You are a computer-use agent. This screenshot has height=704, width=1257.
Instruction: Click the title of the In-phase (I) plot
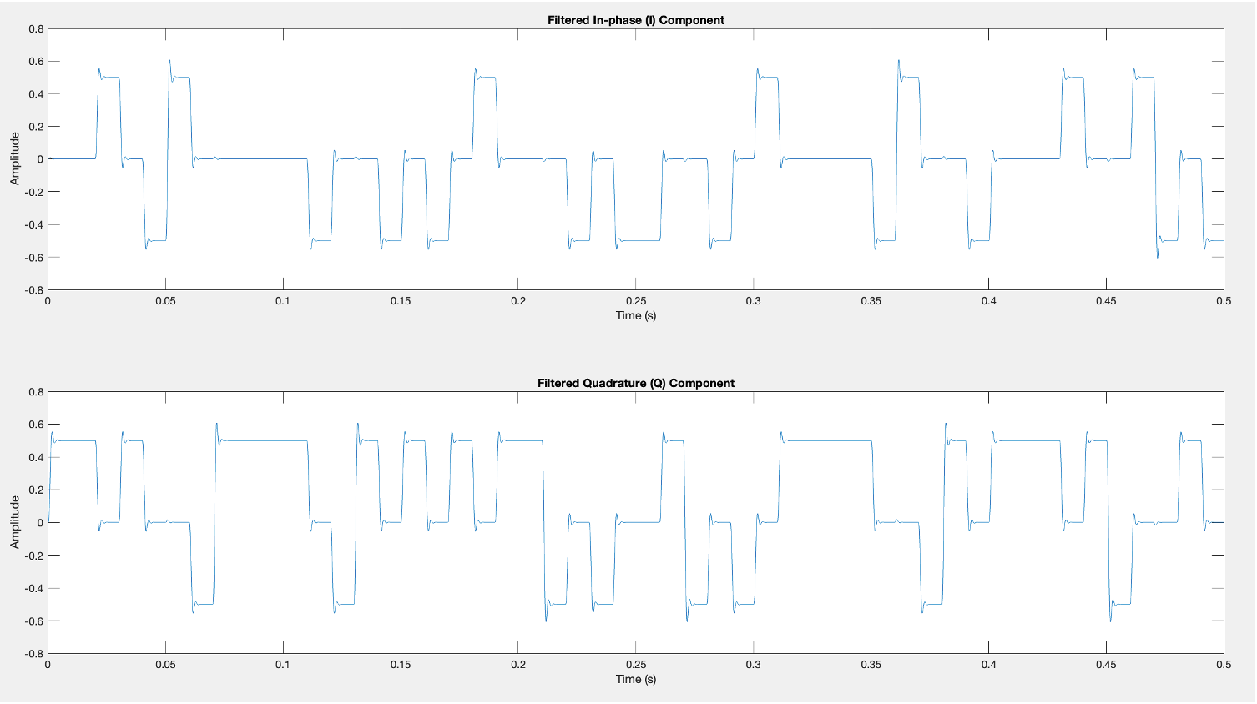pyautogui.click(x=636, y=20)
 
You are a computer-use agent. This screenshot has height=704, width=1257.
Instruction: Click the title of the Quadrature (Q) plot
pyautogui.click(x=636, y=383)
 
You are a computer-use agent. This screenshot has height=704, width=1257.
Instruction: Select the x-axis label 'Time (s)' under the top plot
pyautogui.click(x=636, y=315)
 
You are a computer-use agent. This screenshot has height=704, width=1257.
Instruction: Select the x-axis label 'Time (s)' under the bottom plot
pyautogui.click(x=636, y=679)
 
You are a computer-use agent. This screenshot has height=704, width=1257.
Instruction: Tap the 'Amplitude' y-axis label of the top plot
pyautogui.click(x=14, y=158)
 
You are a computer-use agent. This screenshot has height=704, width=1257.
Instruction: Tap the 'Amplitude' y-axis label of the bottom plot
pyautogui.click(x=14, y=522)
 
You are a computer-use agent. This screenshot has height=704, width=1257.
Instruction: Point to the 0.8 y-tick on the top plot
pyautogui.click(x=36, y=28)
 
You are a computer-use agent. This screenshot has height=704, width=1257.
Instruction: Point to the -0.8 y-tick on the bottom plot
pyautogui.click(x=34, y=654)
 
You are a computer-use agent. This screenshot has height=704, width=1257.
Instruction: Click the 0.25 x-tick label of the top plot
pyautogui.click(x=636, y=301)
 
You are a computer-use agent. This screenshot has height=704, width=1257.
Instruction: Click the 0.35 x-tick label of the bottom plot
pyautogui.click(x=871, y=665)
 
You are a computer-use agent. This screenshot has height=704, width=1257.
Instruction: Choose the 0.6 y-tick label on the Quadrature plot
pyautogui.click(x=36, y=425)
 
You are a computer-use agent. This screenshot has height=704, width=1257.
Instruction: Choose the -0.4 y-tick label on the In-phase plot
pyautogui.click(x=34, y=224)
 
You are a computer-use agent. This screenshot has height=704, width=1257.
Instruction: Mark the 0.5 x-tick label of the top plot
pyautogui.click(x=1224, y=301)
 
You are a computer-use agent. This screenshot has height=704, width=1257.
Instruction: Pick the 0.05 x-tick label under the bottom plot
pyautogui.click(x=165, y=665)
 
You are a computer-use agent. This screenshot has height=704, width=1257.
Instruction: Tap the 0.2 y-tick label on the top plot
pyautogui.click(x=36, y=127)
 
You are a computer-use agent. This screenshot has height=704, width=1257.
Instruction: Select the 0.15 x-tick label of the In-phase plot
pyautogui.click(x=401, y=301)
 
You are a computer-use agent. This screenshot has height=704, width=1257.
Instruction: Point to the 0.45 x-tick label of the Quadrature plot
pyautogui.click(x=1106, y=665)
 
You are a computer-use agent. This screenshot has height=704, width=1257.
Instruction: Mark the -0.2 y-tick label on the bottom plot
pyautogui.click(x=34, y=556)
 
